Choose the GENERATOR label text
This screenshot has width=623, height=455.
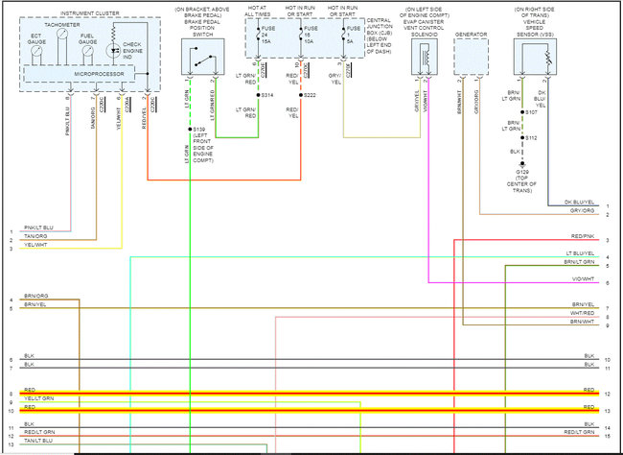[471, 34]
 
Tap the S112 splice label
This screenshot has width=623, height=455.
[530, 137]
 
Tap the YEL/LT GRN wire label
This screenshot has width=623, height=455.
[38, 397]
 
